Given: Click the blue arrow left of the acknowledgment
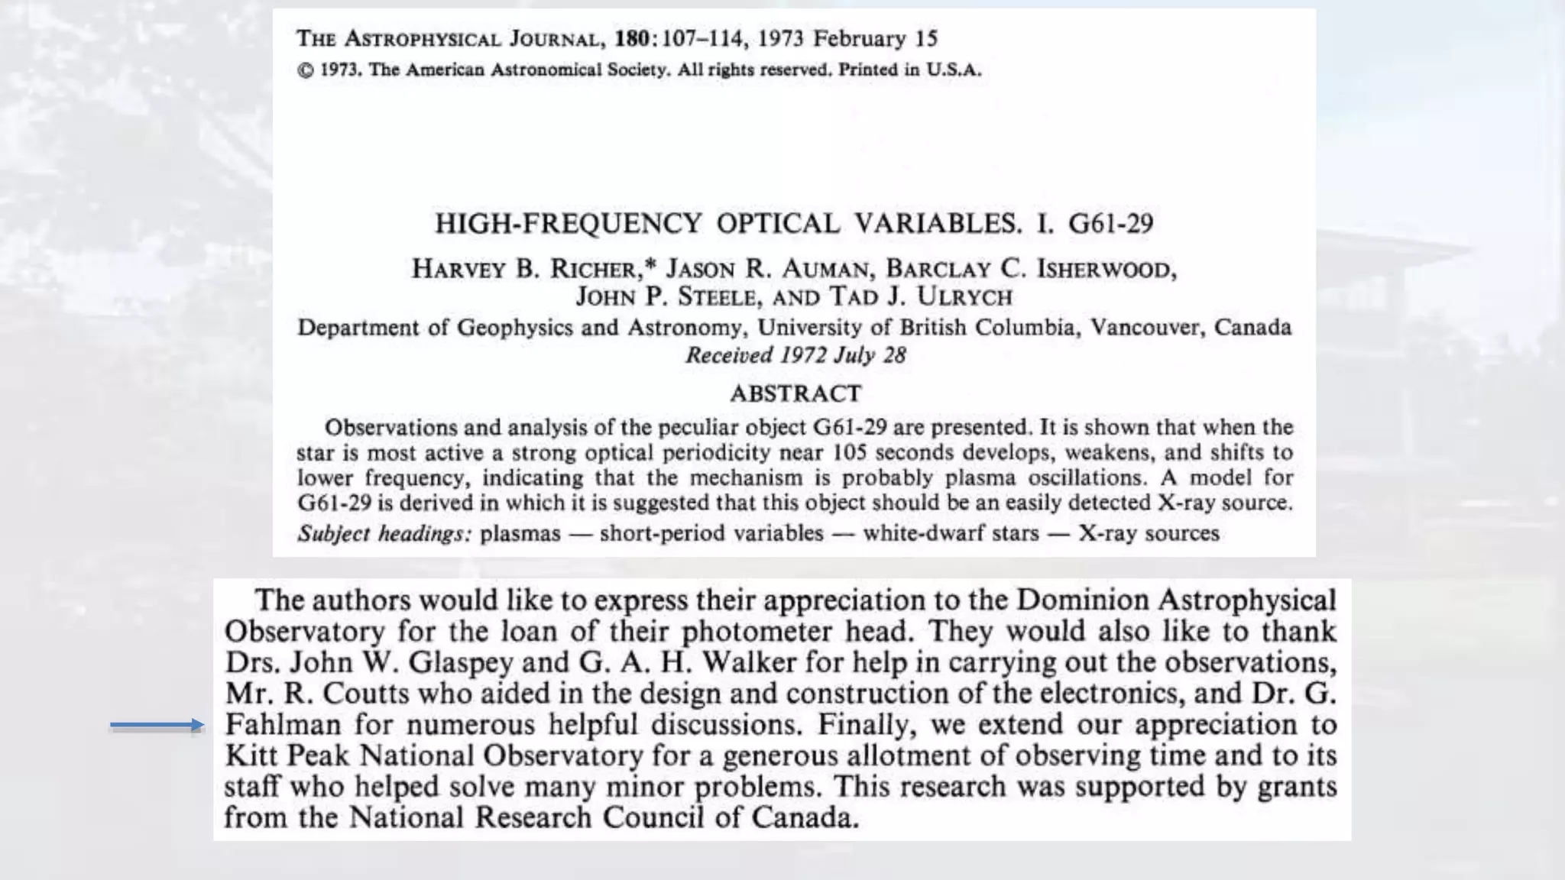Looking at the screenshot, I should [157, 725].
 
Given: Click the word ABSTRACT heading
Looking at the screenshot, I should [795, 393].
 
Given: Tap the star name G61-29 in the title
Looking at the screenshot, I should [1110, 223].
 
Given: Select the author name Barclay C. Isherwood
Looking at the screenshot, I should [1030, 269].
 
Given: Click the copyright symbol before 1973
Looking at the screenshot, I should [306, 70].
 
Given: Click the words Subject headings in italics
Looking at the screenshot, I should [384, 533].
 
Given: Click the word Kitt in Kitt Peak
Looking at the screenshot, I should [251, 755].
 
